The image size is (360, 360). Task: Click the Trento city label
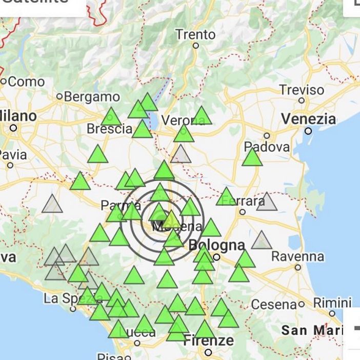coord(195,35)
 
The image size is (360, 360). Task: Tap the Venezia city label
coord(308,119)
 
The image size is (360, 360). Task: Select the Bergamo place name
coord(91,96)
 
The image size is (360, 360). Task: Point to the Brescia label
coord(109,129)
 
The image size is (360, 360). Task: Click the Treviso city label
coord(302,90)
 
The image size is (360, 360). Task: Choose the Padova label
coord(267,147)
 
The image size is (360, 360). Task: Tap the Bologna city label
coord(216,245)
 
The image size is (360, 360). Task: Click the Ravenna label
coord(297,256)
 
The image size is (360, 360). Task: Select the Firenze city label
coord(208,340)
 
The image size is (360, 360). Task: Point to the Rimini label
coord(332,303)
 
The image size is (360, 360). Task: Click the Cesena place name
coord(274,305)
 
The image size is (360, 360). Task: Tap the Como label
coord(26,81)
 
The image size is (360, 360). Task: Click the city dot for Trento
coord(195,45)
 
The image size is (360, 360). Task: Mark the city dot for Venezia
coord(308,131)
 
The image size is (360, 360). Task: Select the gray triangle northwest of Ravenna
coord(262,241)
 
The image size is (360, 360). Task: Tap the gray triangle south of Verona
coord(181,154)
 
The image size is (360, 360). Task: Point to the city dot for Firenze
coord(208,352)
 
